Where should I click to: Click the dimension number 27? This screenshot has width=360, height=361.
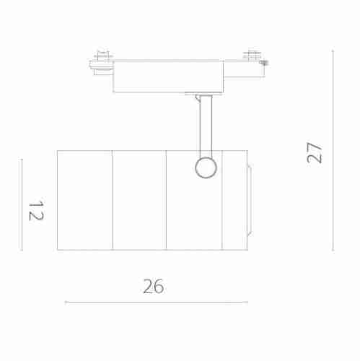[x=315, y=152]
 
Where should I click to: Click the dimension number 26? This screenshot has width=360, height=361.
[x=153, y=286]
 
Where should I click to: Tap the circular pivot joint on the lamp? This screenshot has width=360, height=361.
[x=206, y=167]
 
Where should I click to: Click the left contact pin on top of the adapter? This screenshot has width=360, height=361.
[x=102, y=54]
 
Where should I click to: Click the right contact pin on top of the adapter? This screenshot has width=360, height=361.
[x=252, y=54]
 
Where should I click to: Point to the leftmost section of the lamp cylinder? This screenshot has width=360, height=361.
[x=84, y=200]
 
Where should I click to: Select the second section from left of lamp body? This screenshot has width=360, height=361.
[x=139, y=200]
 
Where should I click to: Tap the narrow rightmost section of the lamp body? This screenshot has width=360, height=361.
[x=234, y=200]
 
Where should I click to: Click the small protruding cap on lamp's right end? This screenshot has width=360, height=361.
[x=249, y=200]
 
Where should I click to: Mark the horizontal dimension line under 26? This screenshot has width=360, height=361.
[x=156, y=302]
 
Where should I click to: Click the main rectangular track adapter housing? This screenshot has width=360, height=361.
[x=167, y=77]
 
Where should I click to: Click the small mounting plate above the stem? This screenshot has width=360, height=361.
[x=198, y=94]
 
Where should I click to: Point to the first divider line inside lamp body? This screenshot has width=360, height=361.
[x=112, y=200]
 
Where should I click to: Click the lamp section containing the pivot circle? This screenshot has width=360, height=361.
[x=193, y=209]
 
